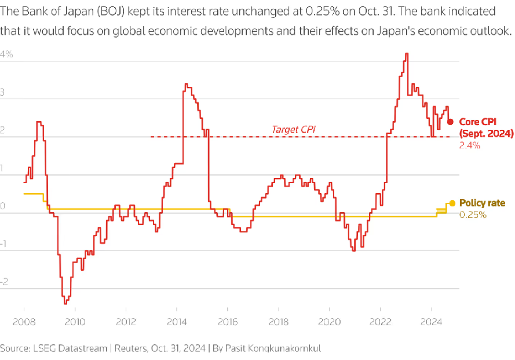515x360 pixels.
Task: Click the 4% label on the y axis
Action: click(x=6, y=54)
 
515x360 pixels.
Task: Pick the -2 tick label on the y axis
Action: click(x=5, y=282)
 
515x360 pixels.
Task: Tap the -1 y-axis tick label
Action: click(x=5, y=244)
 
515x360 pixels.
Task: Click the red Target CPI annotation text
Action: click(x=294, y=129)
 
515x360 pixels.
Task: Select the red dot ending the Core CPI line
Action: click(x=450, y=122)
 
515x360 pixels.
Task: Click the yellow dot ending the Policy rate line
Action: click(x=452, y=203)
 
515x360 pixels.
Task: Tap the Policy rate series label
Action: click(x=482, y=203)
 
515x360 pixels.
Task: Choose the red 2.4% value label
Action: click(x=469, y=146)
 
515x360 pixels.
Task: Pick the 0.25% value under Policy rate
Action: click(x=473, y=214)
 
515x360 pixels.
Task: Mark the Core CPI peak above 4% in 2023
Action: click(x=407, y=54)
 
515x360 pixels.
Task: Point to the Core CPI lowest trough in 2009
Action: click(x=65, y=303)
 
